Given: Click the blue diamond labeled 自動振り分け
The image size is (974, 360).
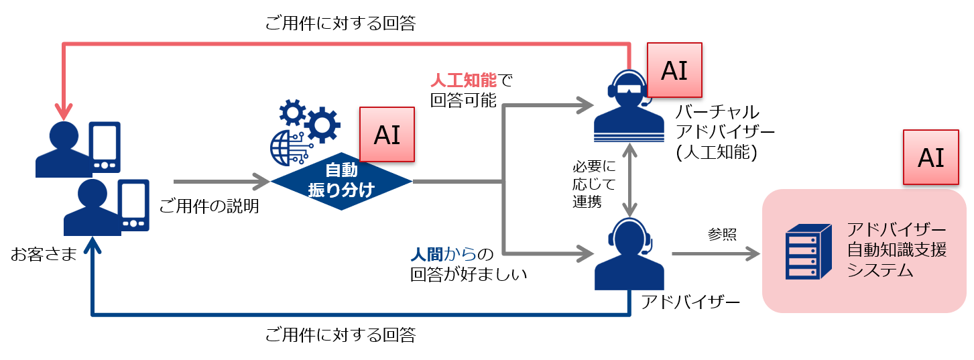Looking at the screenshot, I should tap(341, 181).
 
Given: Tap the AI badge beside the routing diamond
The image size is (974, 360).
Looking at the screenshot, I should tap(387, 134).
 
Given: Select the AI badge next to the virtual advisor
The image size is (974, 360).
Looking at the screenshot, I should tap(674, 70).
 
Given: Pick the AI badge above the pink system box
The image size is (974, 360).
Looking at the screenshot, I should tap(930, 158).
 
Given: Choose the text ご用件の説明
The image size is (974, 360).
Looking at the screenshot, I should tap(209, 207).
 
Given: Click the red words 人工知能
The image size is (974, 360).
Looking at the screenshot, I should tap(463, 81).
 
